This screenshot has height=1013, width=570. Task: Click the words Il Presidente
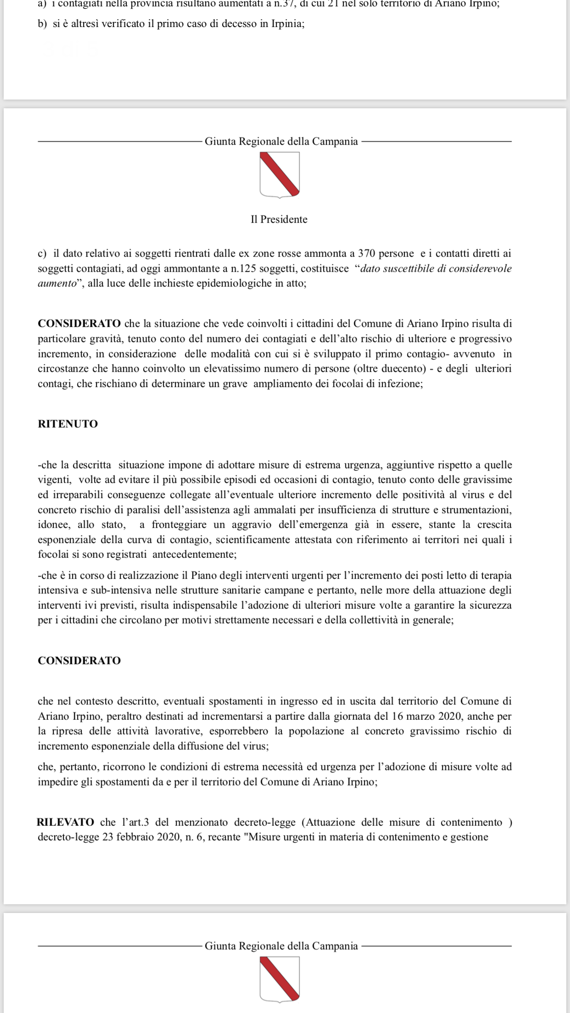pyautogui.click(x=279, y=219)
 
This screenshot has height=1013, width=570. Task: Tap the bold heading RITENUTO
pyautogui.click(x=68, y=424)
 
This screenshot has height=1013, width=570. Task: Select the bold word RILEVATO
pyautogui.click(x=66, y=822)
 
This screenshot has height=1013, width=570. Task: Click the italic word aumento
pyautogui.click(x=56, y=283)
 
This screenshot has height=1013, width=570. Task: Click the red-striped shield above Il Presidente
pyautogui.click(x=280, y=174)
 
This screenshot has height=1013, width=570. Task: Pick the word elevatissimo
pyautogui.click(x=240, y=368)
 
